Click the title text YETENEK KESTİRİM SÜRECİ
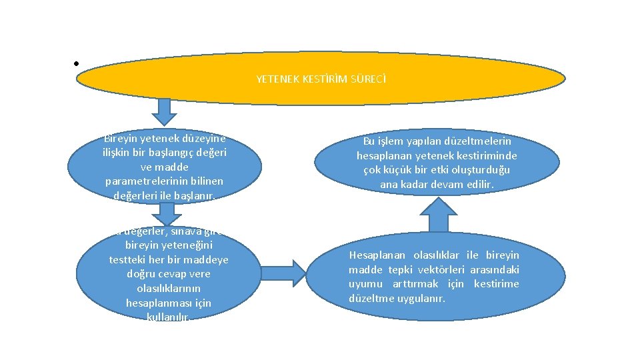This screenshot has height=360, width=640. (321, 79)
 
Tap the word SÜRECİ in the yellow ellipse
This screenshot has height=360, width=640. (369, 79)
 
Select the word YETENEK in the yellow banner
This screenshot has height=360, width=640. (273, 79)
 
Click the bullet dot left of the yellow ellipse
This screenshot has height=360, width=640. (77, 65)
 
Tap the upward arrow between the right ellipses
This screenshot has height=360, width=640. (438, 216)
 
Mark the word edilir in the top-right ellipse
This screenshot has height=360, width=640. (478, 184)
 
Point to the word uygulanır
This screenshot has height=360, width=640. (421, 298)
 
